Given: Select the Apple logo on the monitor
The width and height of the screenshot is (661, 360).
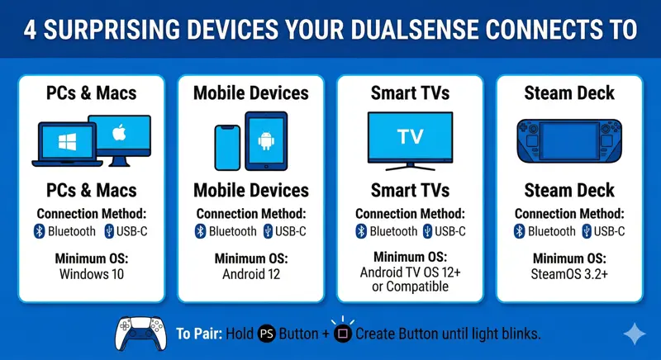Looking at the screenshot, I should pyautogui.click(x=120, y=131).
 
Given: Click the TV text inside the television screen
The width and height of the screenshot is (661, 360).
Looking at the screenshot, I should pyautogui.click(x=409, y=135).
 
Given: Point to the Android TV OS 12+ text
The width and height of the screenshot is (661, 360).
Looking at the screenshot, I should pyautogui.click(x=410, y=272).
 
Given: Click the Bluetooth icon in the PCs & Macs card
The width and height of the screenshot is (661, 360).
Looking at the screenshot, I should pyautogui.click(x=39, y=231).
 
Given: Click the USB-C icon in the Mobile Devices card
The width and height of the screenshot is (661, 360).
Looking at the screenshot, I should pyautogui.click(x=268, y=231).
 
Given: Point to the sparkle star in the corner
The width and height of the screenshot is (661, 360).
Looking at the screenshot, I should pyautogui.click(x=635, y=333).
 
